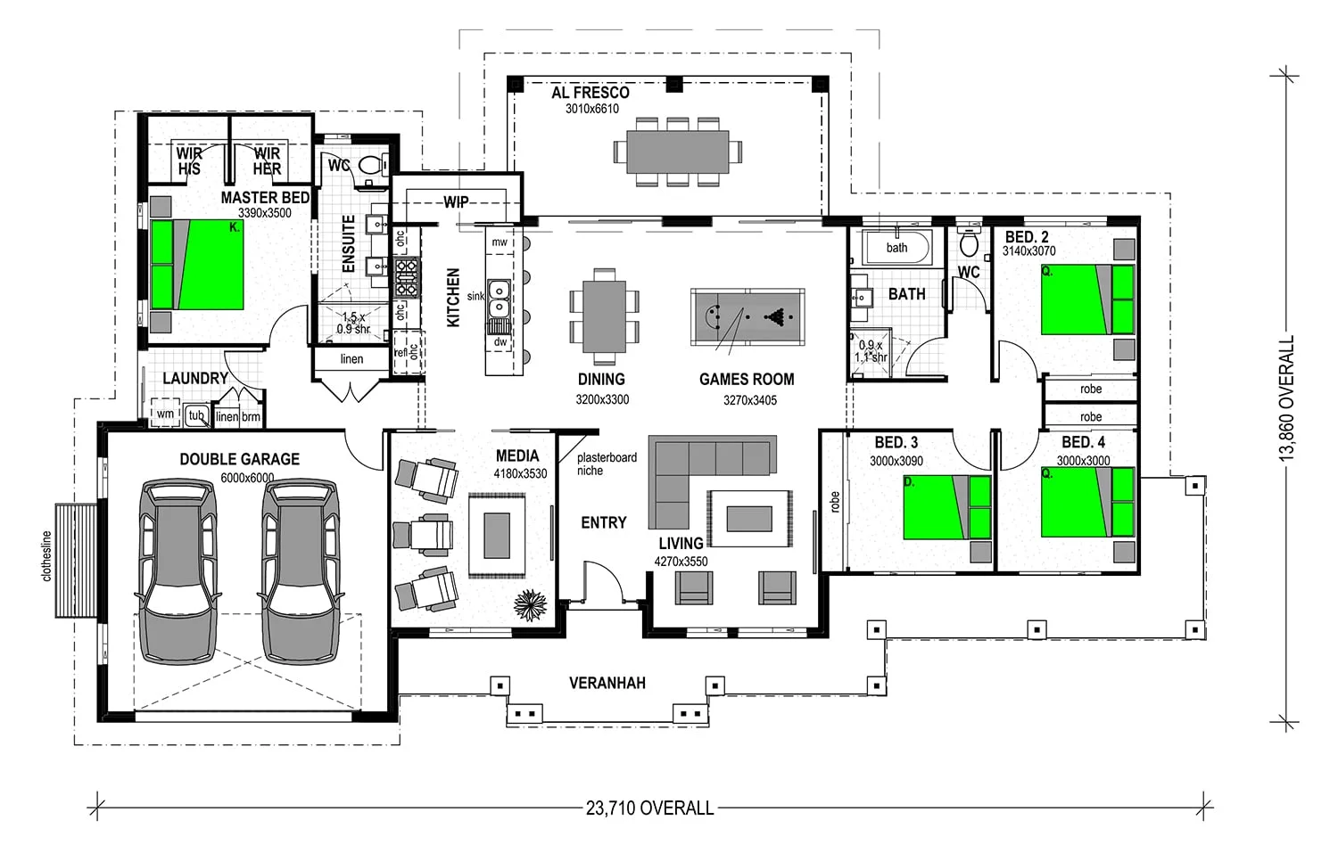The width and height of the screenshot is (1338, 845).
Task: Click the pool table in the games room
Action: [x=747, y=317]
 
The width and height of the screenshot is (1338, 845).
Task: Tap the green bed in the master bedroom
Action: [x=197, y=265]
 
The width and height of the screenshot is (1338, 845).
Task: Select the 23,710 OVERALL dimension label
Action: [x=649, y=808]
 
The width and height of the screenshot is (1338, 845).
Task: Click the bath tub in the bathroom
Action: [x=896, y=247]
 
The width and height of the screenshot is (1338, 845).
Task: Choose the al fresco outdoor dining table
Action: [x=677, y=152]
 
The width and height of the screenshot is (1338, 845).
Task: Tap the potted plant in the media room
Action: [x=531, y=605]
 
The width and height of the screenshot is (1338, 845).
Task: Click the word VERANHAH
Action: [x=607, y=683]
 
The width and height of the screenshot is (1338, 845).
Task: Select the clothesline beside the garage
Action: [x=76, y=561]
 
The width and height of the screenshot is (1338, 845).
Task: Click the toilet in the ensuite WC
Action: [x=373, y=164]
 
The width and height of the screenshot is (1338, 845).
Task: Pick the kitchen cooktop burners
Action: [x=407, y=278]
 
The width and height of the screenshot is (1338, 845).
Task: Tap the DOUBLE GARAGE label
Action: [x=240, y=459]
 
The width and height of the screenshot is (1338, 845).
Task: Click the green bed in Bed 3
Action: [x=946, y=507]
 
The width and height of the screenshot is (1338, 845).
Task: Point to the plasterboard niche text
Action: [x=607, y=464]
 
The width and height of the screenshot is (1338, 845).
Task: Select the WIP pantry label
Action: [x=456, y=202]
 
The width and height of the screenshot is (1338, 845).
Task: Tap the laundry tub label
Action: [x=196, y=415]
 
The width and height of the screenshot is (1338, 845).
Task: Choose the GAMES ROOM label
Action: [x=747, y=379]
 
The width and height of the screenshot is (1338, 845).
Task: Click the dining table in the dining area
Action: [x=604, y=316]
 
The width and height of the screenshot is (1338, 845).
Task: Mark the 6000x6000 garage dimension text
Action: [x=247, y=478]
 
